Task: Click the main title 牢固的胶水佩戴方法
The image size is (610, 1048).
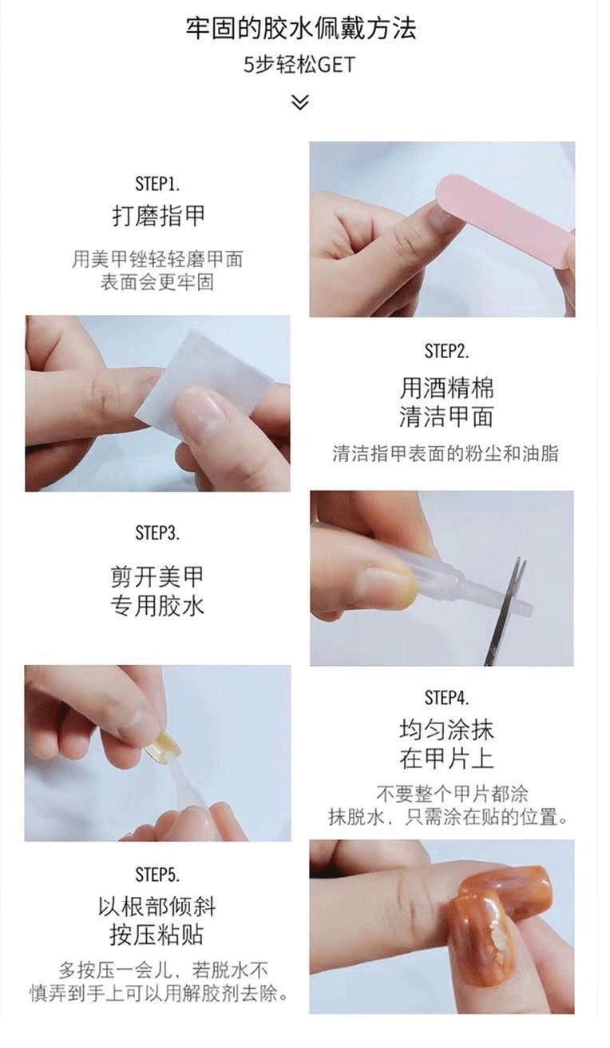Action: pos(300,29)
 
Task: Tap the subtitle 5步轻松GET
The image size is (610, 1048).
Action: pos(299,65)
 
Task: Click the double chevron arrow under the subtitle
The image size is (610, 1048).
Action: pos(299,102)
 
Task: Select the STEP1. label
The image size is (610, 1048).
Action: pos(157,183)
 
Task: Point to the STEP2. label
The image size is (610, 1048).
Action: pos(446,351)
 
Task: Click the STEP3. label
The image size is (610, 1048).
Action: pos(157,532)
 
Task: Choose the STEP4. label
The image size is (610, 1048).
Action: pos(446,698)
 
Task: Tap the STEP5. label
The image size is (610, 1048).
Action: pos(157,874)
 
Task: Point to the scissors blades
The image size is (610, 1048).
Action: pos(508,609)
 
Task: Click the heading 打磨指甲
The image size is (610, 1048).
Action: pos(158,215)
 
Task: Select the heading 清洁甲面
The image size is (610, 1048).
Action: pos(446,416)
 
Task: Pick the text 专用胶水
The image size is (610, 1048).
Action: pos(157,606)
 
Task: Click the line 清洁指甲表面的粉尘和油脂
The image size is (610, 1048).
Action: pos(446,454)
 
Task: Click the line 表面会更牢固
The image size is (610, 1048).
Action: pos(157,282)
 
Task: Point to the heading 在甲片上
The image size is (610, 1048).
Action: pos(446,758)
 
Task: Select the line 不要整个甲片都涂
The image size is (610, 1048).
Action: pos(452,794)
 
